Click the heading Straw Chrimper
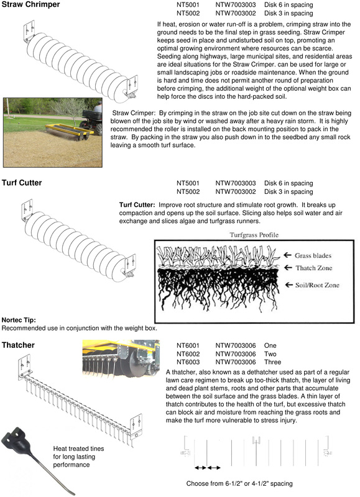click(x=30, y=4)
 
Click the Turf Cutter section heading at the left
click(x=22, y=183)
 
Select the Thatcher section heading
click(x=18, y=345)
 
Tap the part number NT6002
click(x=188, y=353)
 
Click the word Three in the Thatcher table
click(x=272, y=362)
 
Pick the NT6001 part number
click(x=188, y=345)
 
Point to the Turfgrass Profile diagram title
click(x=254, y=235)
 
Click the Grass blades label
click(x=313, y=255)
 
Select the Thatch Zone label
click(x=314, y=268)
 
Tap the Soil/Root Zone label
click(x=317, y=285)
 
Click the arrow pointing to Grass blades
click(x=287, y=255)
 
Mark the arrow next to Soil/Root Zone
click(x=288, y=285)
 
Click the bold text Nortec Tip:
click(x=19, y=320)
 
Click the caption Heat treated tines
click(x=78, y=449)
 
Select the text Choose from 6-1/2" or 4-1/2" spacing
click(x=239, y=483)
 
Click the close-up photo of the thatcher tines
click(x=121, y=359)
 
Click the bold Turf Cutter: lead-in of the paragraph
click(x=137, y=205)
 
